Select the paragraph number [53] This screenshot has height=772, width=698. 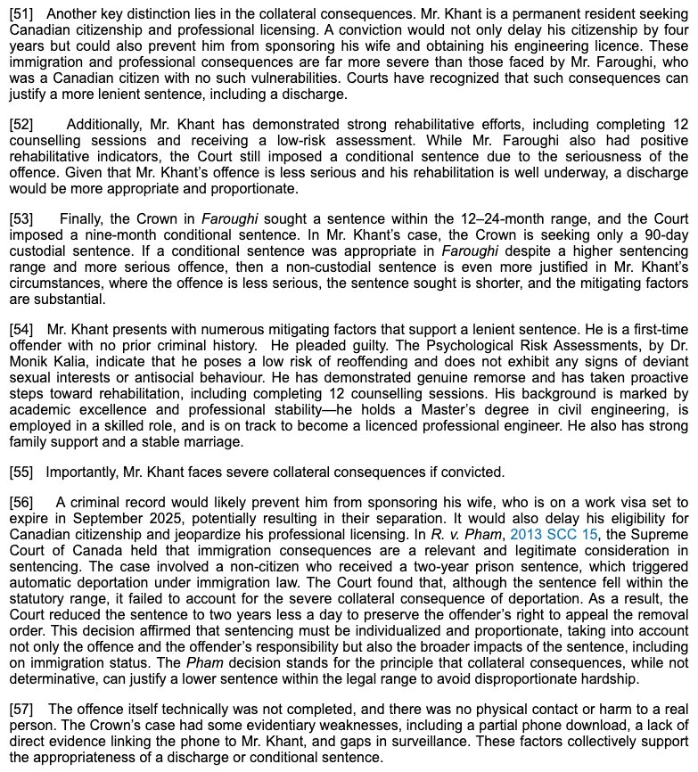click(21, 218)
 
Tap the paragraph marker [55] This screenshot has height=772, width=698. click(21, 472)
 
